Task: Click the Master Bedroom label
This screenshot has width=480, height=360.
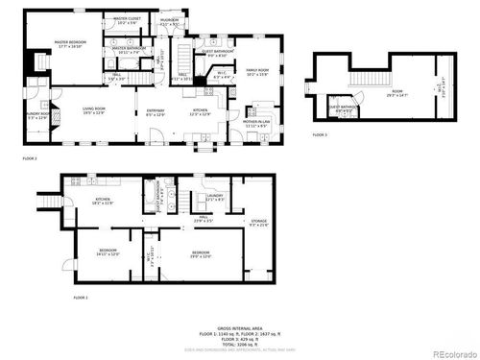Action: click(67, 44)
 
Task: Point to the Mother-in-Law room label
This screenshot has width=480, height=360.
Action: click(255, 124)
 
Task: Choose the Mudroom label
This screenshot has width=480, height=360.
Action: click(170, 21)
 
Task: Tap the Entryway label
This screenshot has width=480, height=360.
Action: click(155, 114)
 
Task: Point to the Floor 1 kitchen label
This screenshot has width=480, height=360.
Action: click(102, 202)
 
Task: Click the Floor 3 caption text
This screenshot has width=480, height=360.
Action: click(320, 135)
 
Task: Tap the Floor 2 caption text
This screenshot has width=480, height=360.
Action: click(30, 156)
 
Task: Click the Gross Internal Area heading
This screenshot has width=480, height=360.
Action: click(240, 327)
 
